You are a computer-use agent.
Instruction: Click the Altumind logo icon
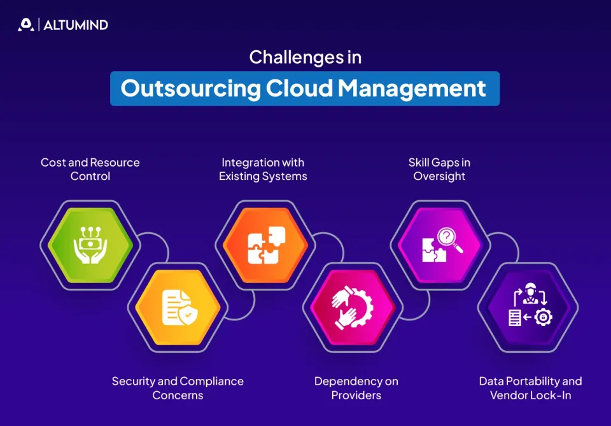[25, 25]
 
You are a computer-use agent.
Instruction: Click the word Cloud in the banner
[299, 88]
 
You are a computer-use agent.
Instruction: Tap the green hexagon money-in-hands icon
[90, 244]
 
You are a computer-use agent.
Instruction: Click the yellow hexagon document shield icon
[178, 307]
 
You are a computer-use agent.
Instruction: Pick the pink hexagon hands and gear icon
[353, 307]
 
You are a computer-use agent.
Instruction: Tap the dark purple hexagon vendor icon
[528, 307]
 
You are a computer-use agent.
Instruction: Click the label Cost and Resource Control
[90, 169]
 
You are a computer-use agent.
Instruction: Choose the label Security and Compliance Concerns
[178, 388]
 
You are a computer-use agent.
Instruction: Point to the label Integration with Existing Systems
[263, 169]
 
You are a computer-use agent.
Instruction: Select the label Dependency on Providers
[356, 388]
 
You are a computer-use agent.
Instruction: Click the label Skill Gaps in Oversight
[439, 169]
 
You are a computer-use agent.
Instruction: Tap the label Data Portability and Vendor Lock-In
[530, 388]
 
